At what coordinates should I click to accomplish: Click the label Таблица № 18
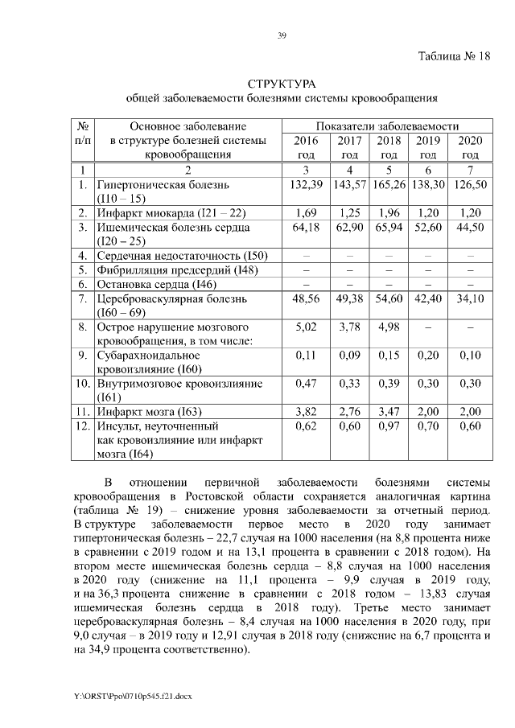click(x=454, y=56)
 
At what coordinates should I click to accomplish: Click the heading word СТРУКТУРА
click(x=282, y=84)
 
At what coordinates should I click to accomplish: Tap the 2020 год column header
click(x=470, y=146)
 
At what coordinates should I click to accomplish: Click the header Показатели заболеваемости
click(x=387, y=126)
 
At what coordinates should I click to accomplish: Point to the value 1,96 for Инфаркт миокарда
click(x=389, y=213)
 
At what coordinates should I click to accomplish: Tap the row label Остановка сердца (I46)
click(x=158, y=284)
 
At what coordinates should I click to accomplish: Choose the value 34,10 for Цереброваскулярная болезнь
click(x=470, y=298)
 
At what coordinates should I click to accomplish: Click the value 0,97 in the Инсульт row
click(x=389, y=426)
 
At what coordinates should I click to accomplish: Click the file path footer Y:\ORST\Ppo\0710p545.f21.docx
click(x=133, y=693)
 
